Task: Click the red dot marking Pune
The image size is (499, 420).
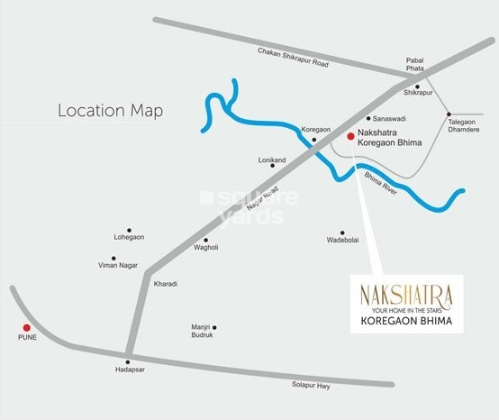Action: [27, 327]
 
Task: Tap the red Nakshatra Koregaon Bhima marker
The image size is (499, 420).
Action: [349, 135]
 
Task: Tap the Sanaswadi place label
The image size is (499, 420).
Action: [393, 118]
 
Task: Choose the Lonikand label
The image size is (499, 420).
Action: [272, 160]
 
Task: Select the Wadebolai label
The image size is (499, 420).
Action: [342, 241]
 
